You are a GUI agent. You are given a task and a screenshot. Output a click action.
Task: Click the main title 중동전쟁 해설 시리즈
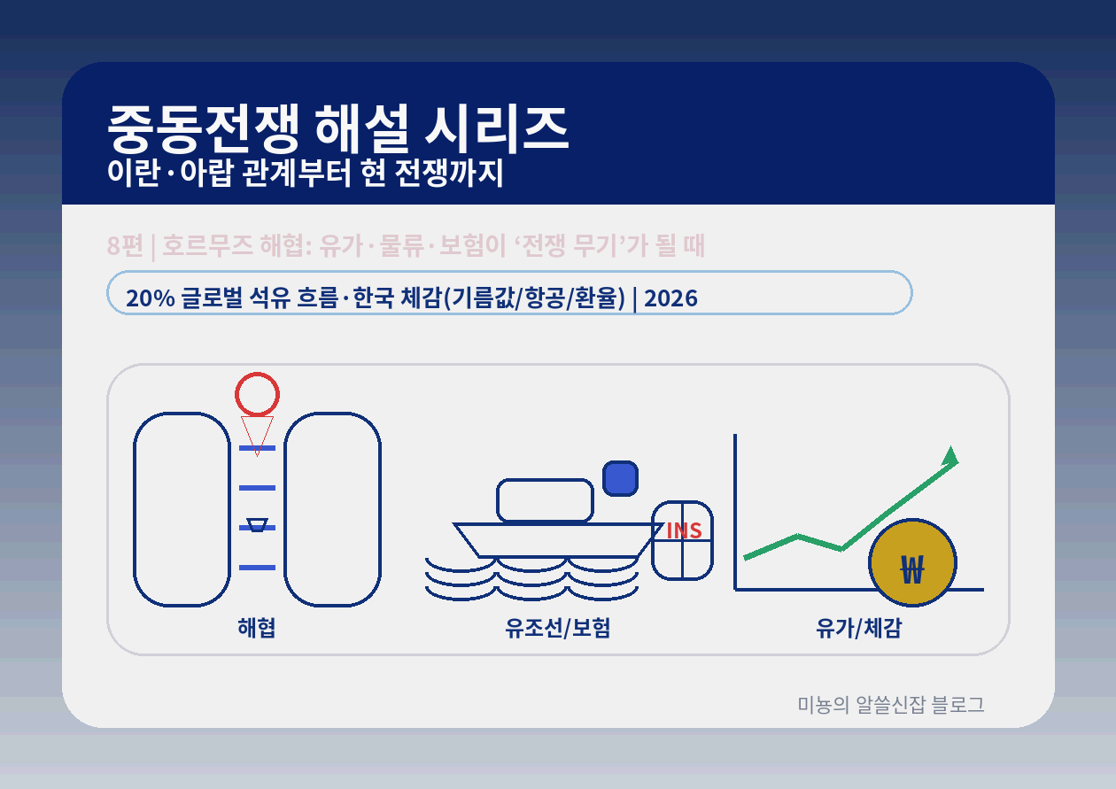(337, 128)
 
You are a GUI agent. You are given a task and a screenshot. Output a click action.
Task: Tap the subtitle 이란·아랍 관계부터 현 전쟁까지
(305, 174)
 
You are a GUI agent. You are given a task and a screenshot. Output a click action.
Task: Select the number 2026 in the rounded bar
(670, 298)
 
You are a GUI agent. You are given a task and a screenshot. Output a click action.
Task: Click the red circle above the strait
(257, 394)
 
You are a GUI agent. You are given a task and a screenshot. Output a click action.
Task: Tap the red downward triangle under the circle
(257, 431)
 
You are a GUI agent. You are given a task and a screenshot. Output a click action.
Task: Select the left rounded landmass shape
(182, 509)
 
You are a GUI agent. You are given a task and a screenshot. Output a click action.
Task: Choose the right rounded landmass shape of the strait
(332, 509)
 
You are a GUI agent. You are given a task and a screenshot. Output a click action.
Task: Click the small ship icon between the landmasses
(257, 525)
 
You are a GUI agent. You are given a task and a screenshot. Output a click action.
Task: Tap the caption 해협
(257, 628)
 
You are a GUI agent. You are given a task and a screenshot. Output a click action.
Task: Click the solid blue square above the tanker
(620, 478)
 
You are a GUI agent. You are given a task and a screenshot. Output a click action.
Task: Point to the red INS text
(684, 530)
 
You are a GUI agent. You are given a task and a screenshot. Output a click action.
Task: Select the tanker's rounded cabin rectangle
(545, 500)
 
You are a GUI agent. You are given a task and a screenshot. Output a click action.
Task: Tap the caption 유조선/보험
(558, 628)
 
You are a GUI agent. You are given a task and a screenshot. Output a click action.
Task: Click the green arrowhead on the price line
(950, 456)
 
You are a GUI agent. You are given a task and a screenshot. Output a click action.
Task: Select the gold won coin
(912, 563)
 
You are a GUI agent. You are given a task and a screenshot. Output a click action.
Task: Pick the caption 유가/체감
(859, 628)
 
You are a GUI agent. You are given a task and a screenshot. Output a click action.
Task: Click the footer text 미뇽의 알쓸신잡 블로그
(891, 705)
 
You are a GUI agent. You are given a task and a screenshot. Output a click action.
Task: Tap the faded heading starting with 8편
(406, 245)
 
